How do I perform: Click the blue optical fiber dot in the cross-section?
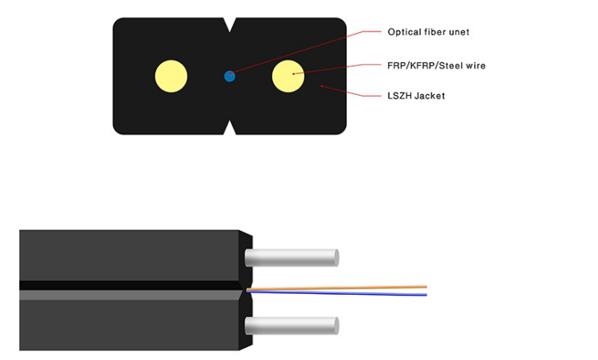[229, 77]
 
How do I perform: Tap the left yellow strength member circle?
[171, 77]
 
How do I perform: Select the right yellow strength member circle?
[288, 76]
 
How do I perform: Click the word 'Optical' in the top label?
[404, 32]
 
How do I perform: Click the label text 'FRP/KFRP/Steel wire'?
[436, 65]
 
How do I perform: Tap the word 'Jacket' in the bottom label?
[431, 96]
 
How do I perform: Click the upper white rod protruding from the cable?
[291, 258]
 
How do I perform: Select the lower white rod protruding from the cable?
[291, 326]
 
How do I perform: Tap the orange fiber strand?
[338, 288]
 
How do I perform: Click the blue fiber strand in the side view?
[338, 293]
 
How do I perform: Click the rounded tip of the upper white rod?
[335, 258]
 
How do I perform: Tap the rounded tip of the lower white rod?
[335, 326]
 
